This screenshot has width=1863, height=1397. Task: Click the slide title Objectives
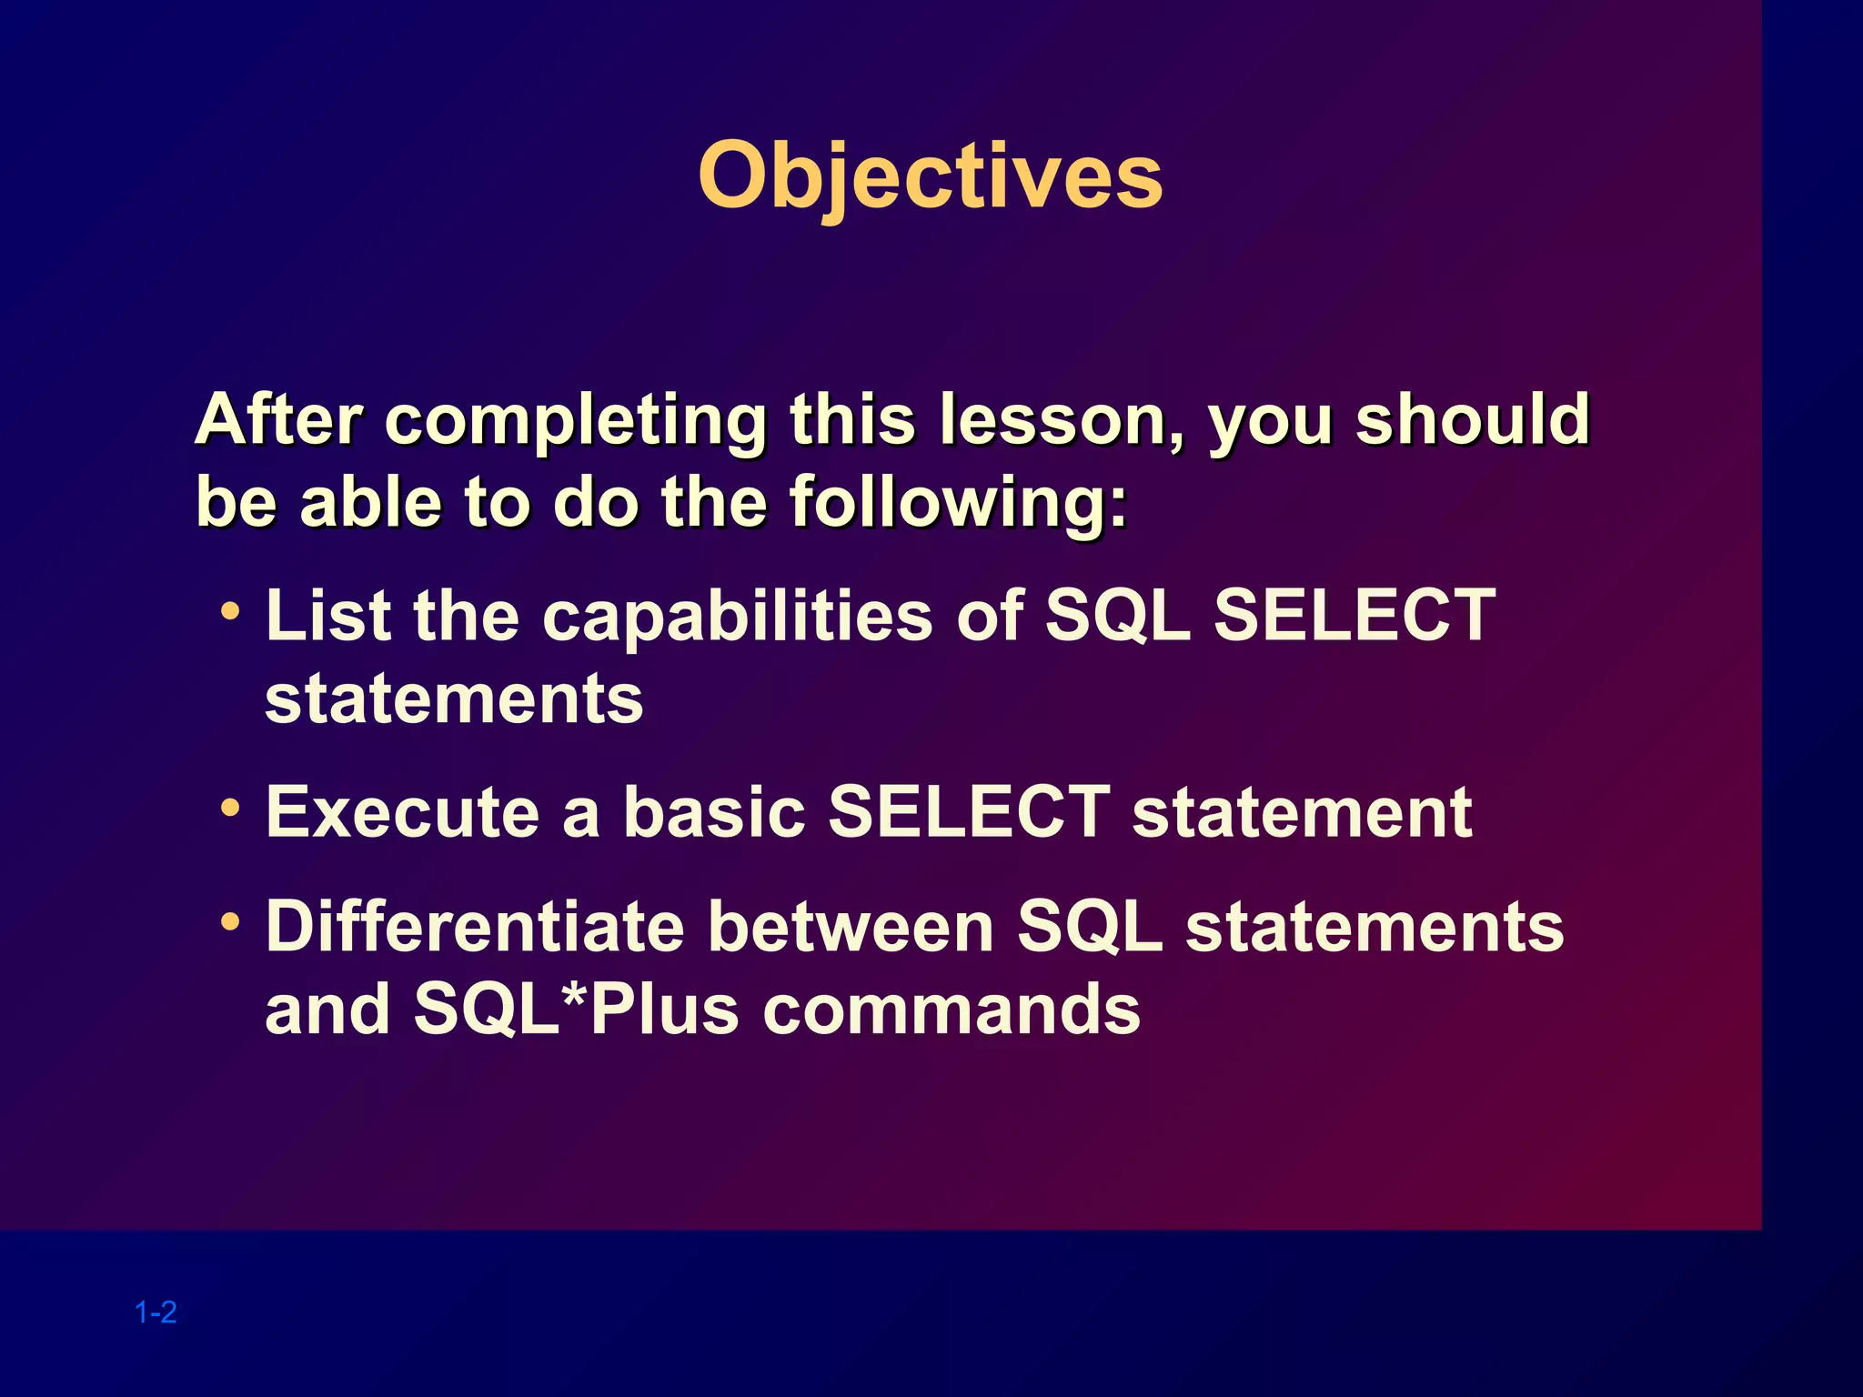931,177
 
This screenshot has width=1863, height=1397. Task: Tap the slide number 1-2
156,1312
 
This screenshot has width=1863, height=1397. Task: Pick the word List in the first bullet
328,616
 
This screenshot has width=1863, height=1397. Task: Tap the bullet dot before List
231,610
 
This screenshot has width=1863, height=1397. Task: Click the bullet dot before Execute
231,806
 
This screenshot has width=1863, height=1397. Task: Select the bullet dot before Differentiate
231,921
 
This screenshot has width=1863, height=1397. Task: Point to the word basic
714,812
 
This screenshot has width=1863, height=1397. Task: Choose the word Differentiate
475,927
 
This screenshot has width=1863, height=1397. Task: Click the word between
851,927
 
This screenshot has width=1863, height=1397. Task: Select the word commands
952,1009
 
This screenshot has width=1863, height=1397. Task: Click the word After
279,420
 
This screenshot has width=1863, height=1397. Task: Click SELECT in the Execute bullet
969,812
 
